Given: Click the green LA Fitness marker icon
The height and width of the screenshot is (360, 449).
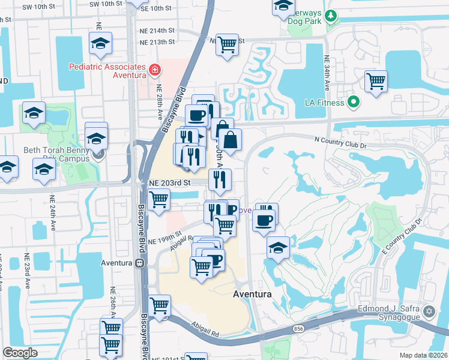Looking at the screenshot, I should click(354, 103).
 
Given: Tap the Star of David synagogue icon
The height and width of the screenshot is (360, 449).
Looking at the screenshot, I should click(429, 312).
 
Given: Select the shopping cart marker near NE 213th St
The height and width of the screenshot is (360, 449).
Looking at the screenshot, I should click(227, 43).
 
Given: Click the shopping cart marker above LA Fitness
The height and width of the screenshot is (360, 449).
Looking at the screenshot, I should click(375, 80).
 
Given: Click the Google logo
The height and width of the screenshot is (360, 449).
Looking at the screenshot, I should click(20, 353).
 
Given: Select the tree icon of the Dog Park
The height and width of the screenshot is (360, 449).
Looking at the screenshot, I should click(330, 16).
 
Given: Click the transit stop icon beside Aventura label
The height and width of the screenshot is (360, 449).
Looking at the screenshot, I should click(139, 263).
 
